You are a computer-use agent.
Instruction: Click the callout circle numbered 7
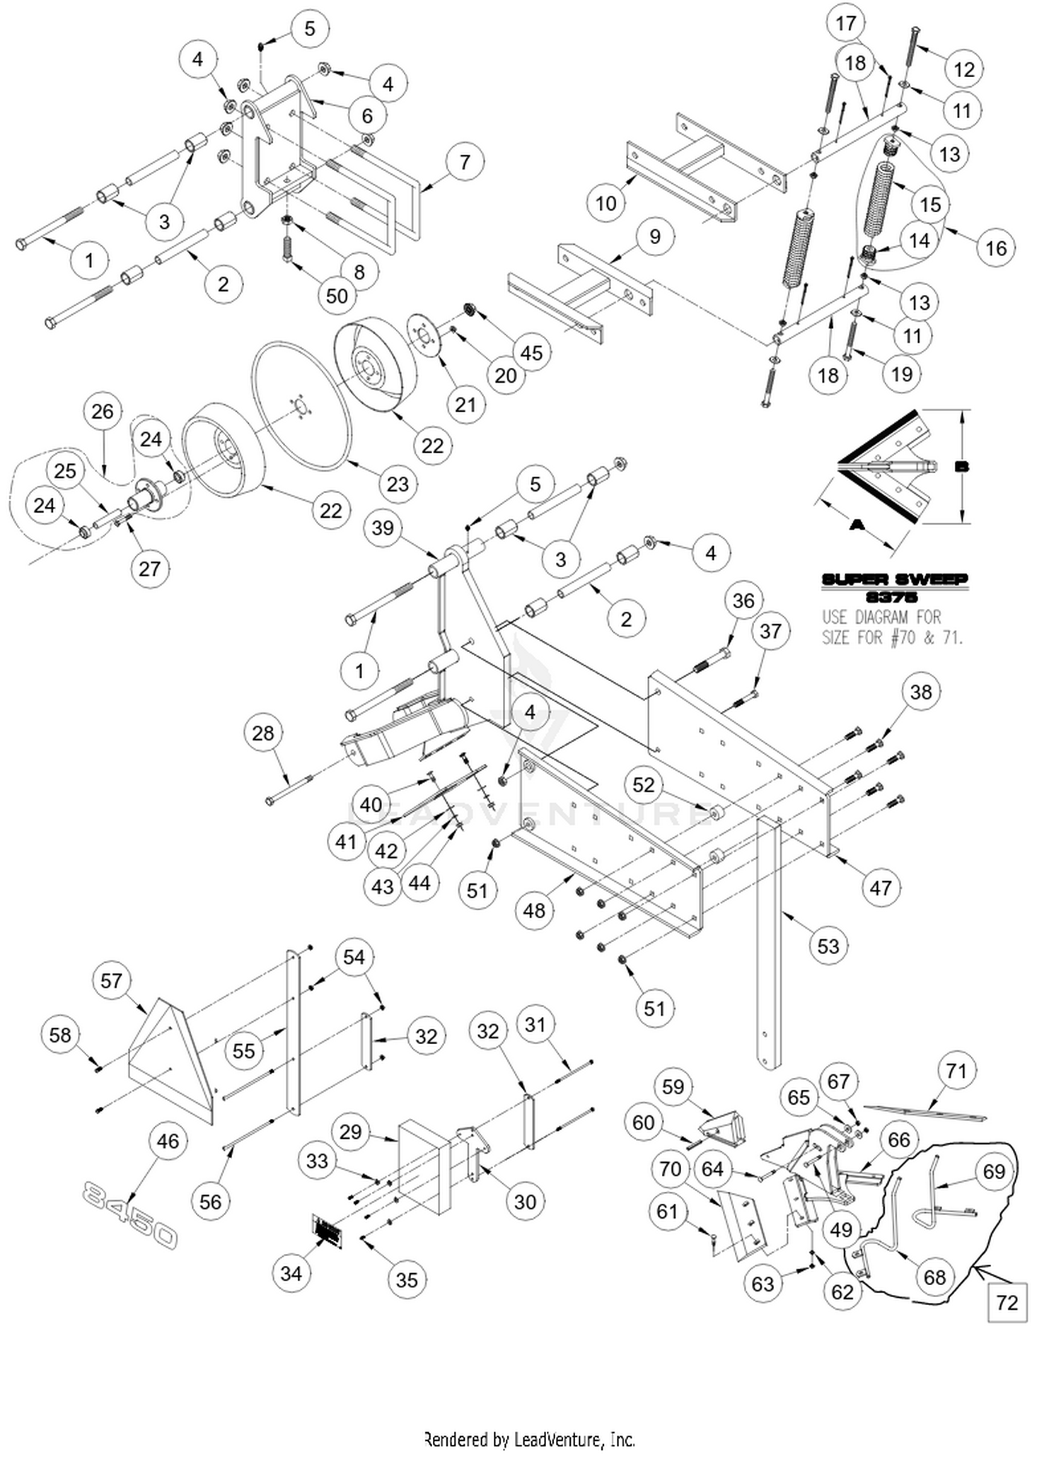pyautogui.click(x=465, y=162)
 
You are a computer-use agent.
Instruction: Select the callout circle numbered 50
pyautogui.click(x=337, y=295)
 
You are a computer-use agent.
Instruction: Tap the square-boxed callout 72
pyautogui.click(x=1007, y=1302)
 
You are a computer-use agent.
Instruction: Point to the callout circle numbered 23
pyautogui.click(x=398, y=484)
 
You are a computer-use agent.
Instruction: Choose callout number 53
pyautogui.click(x=828, y=946)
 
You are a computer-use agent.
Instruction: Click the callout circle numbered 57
pyautogui.click(x=112, y=980)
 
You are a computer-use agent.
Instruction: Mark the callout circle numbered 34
pyautogui.click(x=291, y=1273)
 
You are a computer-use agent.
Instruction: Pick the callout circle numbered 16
pyautogui.click(x=995, y=248)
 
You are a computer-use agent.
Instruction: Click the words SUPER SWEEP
pyautogui.click(x=894, y=580)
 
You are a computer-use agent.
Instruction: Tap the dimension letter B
pyautogui.click(x=961, y=467)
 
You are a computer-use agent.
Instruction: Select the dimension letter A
pyautogui.click(x=857, y=525)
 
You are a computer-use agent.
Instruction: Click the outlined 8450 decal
pyautogui.click(x=129, y=1214)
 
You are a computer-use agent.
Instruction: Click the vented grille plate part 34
pyautogui.click(x=327, y=1231)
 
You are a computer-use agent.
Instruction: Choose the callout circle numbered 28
pyautogui.click(x=262, y=733)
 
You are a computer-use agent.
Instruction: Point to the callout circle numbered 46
pyautogui.click(x=168, y=1141)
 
